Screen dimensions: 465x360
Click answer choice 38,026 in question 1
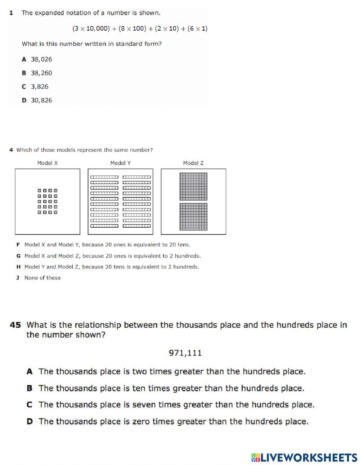click(41, 59)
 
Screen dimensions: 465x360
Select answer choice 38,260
click(41, 73)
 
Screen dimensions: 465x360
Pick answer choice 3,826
click(39, 87)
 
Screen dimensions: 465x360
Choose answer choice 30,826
click(41, 100)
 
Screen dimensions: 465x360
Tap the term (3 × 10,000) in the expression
click(91, 28)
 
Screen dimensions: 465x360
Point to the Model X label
click(47, 163)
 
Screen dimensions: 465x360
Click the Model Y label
click(120, 163)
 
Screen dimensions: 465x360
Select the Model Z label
click(193, 163)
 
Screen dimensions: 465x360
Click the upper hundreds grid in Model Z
click(193, 187)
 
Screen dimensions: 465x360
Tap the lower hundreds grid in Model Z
click(193, 217)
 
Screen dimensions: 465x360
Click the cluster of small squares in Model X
click(48, 201)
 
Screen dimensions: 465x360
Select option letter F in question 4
click(18, 245)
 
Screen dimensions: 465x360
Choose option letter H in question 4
click(18, 267)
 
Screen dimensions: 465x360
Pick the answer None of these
click(42, 278)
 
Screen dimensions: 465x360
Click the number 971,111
click(185, 353)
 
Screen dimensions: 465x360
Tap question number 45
click(15, 325)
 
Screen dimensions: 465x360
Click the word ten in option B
click(139, 388)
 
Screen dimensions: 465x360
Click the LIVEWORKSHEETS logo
click(304, 457)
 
